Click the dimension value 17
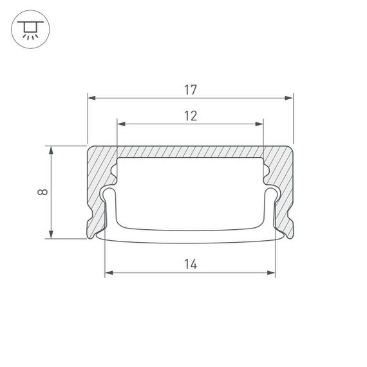point(190,90)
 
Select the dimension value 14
point(190,264)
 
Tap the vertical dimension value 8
point(41,192)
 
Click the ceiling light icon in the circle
point(30,30)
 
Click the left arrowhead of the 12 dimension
point(120,124)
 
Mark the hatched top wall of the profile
point(190,151)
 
